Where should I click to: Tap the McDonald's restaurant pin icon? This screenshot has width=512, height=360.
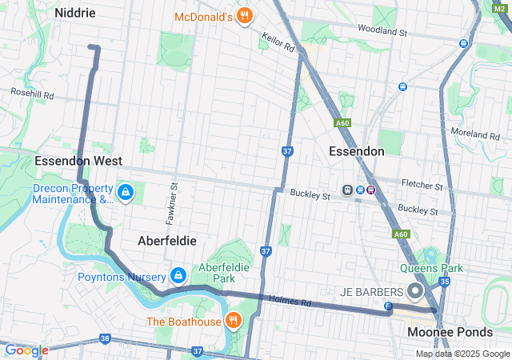click(x=246, y=16)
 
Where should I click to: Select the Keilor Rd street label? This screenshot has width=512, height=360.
click(x=278, y=42)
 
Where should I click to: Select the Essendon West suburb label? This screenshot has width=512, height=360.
click(x=78, y=161)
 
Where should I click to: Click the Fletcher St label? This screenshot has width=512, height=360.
click(x=423, y=186)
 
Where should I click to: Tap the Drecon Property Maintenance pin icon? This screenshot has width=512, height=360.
click(x=126, y=193)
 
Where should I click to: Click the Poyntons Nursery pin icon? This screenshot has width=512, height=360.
click(x=178, y=276)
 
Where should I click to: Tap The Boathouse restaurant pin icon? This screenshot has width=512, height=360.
click(x=233, y=321)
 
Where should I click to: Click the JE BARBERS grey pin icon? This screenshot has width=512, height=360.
click(x=415, y=290)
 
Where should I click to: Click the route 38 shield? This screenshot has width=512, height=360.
click(x=105, y=339)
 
